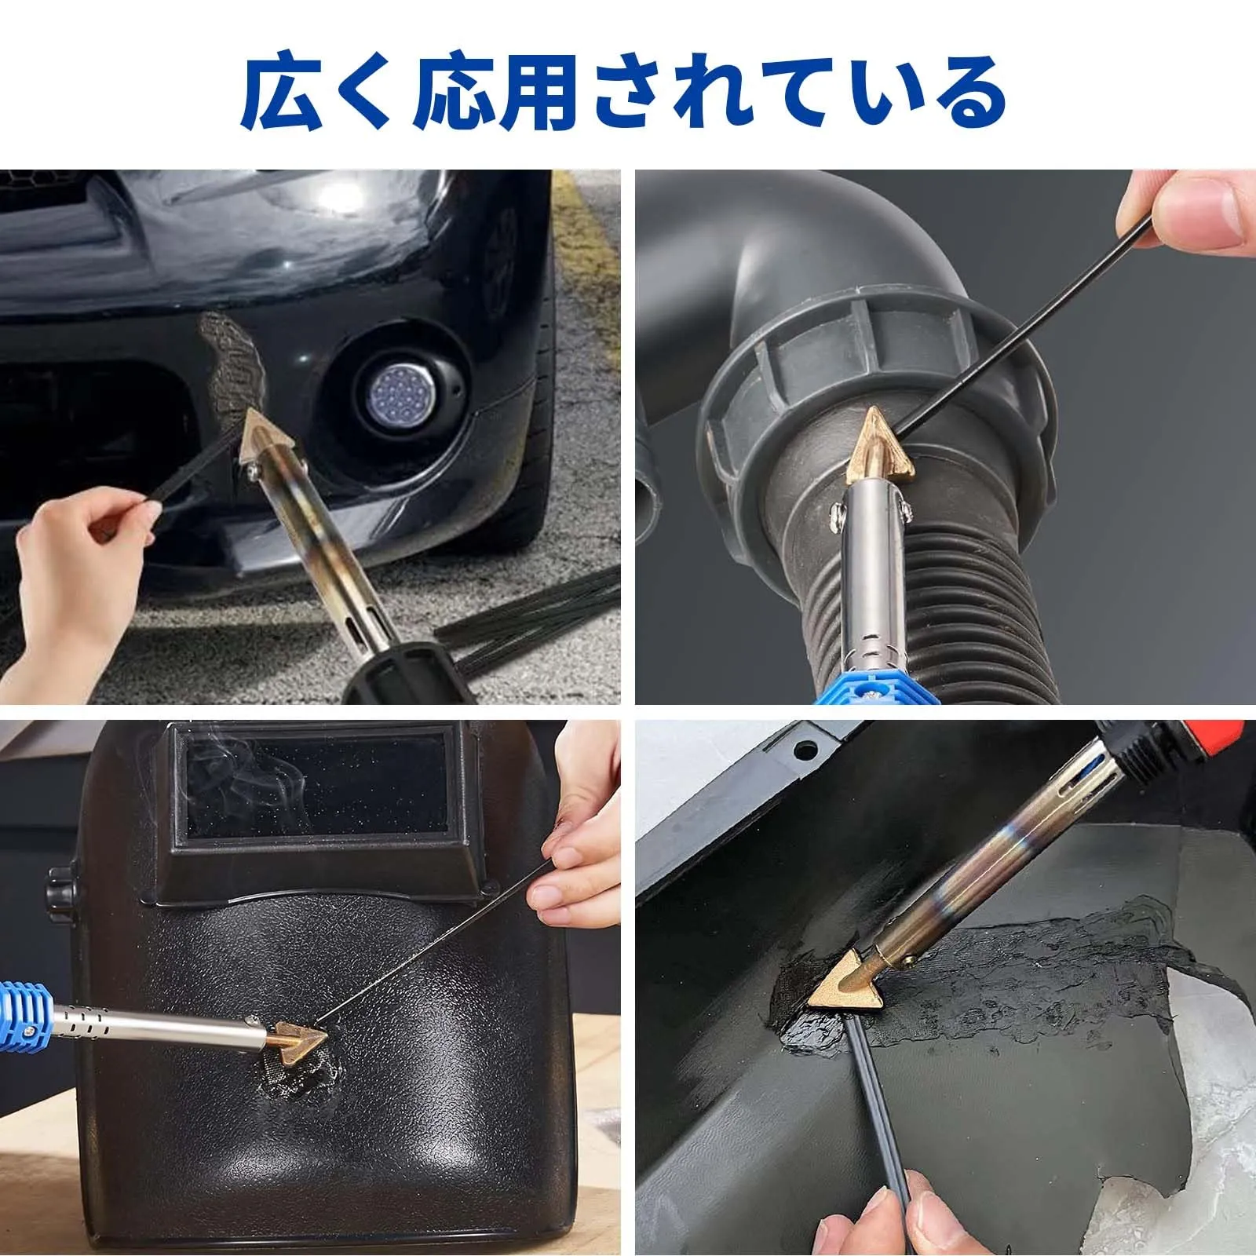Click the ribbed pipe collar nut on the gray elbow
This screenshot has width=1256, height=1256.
pyautogui.click(x=871, y=369)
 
